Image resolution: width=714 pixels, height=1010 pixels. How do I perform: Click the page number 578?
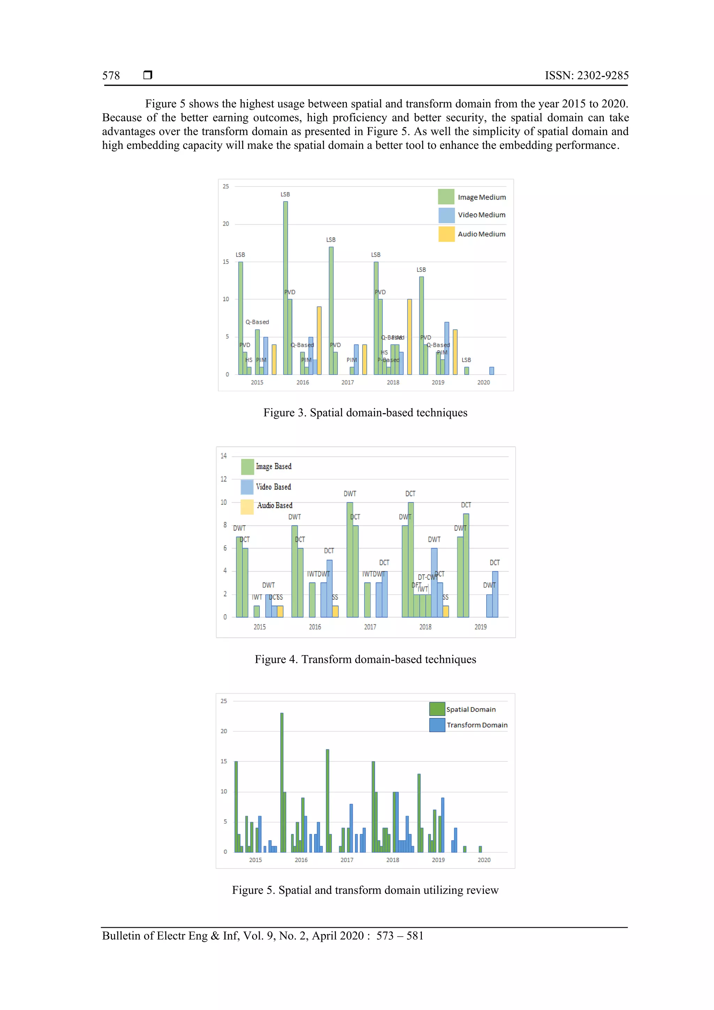pos(111,76)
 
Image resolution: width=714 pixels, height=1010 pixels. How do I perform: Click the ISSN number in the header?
pos(586,76)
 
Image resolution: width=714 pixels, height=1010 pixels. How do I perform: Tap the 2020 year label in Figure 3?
pos(484,382)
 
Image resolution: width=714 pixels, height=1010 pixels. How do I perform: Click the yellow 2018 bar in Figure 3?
pos(410,336)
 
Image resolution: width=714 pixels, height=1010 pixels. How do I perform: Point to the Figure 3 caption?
pos(365,413)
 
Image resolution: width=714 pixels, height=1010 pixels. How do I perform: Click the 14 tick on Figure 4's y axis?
pos(223,456)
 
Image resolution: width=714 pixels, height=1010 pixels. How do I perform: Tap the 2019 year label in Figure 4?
pos(480,627)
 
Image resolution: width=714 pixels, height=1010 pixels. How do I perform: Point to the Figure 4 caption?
pos(365,659)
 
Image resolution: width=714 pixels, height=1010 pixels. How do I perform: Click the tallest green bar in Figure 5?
pos(282,783)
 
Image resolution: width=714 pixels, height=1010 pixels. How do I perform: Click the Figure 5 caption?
pos(365,890)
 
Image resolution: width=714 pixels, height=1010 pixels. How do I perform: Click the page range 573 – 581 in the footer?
pos(400,936)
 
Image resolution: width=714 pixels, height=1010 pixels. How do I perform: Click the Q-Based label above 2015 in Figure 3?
pos(257,322)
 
